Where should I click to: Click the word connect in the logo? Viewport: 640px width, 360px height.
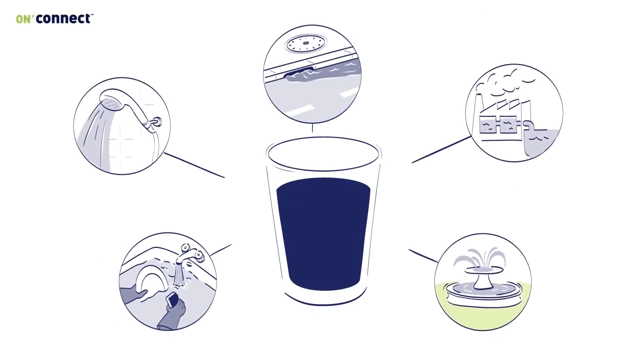pyautogui.click(x=63, y=18)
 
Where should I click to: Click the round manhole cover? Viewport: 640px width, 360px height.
pyautogui.click(x=305, y=43)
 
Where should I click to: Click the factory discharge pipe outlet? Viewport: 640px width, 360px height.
pyautogui.click(x=528, y=125)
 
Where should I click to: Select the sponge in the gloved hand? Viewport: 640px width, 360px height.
pyautogui.click(x=173, y=299)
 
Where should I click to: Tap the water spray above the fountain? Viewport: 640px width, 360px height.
pyautogui.click(x=479, y=257)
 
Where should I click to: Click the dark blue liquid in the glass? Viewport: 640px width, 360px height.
pyautogui.click(x=323, y=233)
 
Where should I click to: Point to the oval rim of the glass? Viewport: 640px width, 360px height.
pyautogui.click(x=323, y=137)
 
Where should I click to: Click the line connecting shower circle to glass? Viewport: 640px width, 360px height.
pyautogui.click(x=194, y=165)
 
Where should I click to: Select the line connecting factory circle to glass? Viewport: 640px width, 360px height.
pyautogui.click(x=441, y=149)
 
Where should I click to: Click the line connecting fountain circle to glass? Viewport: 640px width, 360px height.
pyautogui.click(x=423, y=255)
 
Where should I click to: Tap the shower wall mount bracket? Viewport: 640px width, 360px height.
pyautogui.click(x=156, y=122)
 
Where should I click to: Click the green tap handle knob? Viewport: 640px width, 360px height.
pyautogui.click(x=185, y=247)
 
